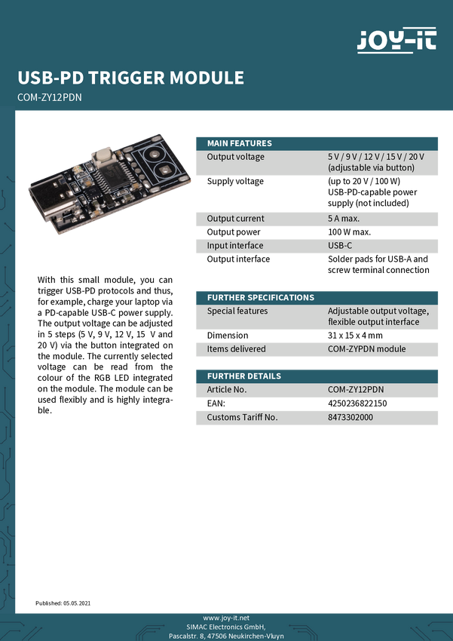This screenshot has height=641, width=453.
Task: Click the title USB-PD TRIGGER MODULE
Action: (130, 78)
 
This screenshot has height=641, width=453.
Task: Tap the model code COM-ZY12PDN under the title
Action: (49, 97)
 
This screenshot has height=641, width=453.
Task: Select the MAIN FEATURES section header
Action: (240, 143)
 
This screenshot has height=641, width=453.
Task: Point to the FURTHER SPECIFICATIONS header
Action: (261, 297)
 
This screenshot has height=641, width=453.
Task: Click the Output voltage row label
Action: (236, 157)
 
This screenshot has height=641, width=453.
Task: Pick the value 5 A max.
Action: (344, 219)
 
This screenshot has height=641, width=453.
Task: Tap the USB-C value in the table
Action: (340, 246)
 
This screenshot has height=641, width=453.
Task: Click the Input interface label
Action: (235, 246)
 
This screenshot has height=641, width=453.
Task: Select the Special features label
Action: (237, 311)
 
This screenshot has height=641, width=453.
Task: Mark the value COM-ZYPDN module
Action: (367, 349)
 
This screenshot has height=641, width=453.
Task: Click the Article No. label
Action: (227, 390)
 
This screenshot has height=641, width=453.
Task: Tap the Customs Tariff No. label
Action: (243, 417)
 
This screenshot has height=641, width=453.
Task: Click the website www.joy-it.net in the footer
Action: (226, 618)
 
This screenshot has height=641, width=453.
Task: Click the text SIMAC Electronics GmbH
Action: (226, 627)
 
